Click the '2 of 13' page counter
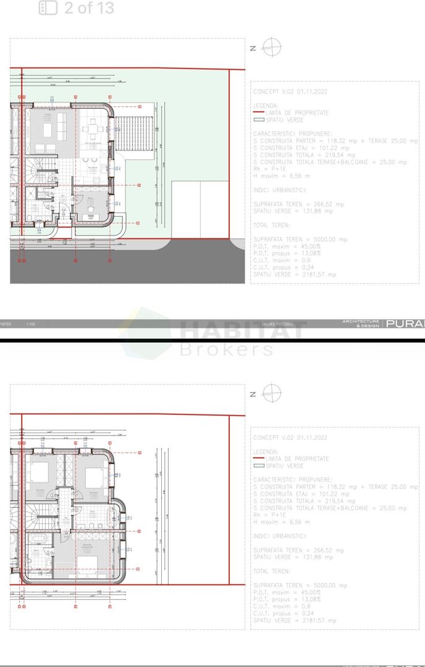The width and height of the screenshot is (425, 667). pyautogui.click(x=89, y=8)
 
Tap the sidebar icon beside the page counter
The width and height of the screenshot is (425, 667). pyautogui.click(x=48, y=8)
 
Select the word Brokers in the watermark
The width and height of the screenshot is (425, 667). pyautogui.click(x=226, y=350)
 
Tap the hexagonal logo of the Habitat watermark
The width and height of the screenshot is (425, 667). pyautogui.click(x=146, y=333)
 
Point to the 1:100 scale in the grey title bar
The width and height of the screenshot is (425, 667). pyautogui.click(x=32, y=324)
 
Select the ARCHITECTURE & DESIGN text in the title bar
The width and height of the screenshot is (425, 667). pyautogui.click(x=361, y=323)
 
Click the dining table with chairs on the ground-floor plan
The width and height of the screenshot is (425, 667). pyautogui.click(x=93, y=130)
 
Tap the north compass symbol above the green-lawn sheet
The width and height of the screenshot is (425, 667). pyautogui.click(x=271, y=47)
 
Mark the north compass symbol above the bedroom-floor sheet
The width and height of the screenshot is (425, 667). pyautogui.click(x=271, y=393)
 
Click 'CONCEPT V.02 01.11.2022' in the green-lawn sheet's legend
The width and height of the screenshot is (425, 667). pyautogui.click(x=290, y=91)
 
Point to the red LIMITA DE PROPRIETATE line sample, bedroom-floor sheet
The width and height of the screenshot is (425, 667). pyautogui.click(x=258, y=459)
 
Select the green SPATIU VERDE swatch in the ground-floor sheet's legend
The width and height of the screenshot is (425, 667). pyautogui.click(x=258, y=120)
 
